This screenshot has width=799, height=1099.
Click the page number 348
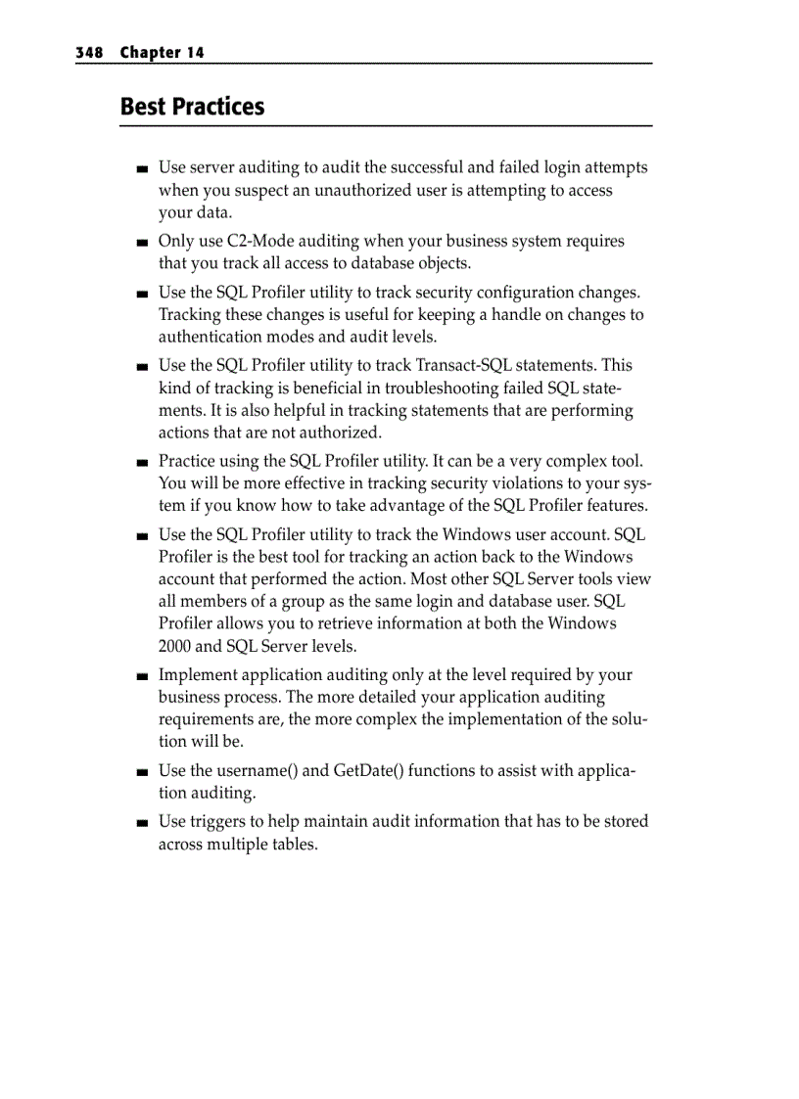pyautogui.click(x=89, y=53)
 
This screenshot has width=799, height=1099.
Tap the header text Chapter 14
pyautogui.click(x=163, y=53)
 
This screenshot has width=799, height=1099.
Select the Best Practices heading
pyautogui.click(x=192, y=106)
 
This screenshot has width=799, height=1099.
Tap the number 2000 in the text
pyautogui.click(x=175, y=646)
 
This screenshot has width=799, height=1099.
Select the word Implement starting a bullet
pyautogui.click(x=198, y=674)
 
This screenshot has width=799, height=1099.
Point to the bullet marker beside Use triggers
pyautogui.click(x=143, y=823)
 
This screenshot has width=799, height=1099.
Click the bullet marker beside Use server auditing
pyautogui.click(x=143, y=169)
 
